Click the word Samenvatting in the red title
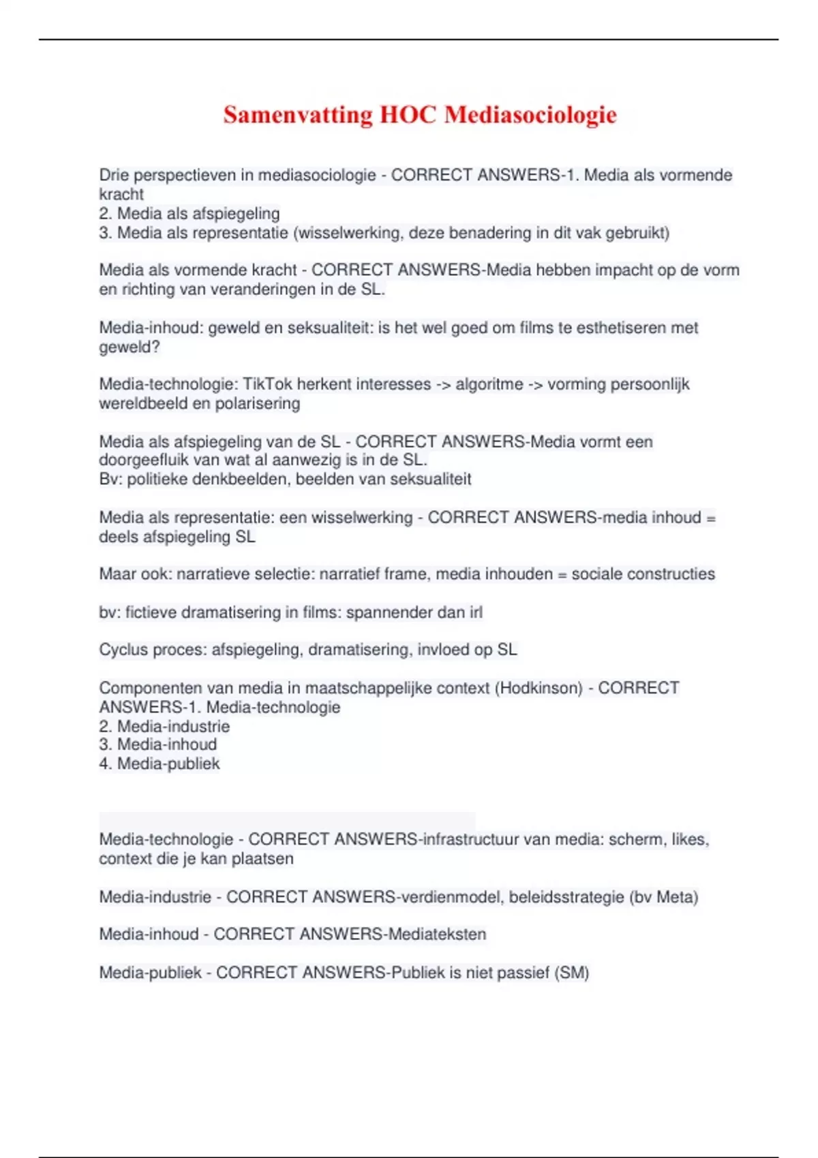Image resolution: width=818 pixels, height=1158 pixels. [298, 115]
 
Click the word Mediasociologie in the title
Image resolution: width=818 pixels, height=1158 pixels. [530, 115]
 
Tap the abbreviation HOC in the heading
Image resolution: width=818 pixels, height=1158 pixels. [408, 115]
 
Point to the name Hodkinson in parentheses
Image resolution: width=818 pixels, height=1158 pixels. [539, 688]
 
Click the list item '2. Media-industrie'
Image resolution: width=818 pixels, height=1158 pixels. [164, 726]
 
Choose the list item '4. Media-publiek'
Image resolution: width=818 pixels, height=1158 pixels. [160, 764]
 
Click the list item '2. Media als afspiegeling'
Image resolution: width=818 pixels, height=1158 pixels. [190, 213]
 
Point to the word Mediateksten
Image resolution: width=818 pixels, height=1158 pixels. [437, 934]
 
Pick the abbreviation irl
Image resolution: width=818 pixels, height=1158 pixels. [476, 612]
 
